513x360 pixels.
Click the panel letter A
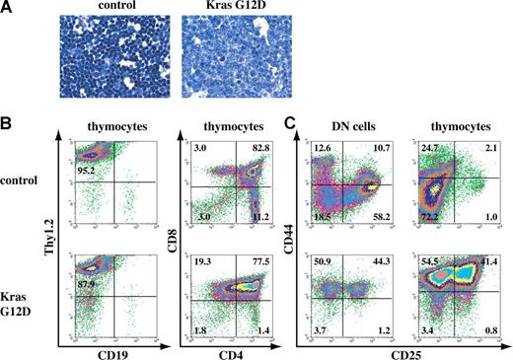point(8,9)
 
